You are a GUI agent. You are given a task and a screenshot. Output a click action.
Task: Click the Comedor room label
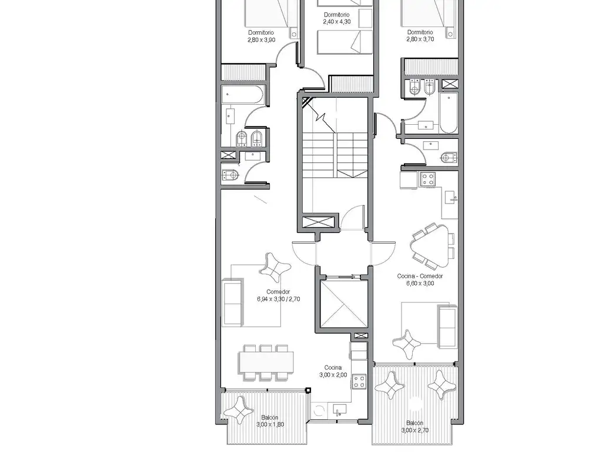278,292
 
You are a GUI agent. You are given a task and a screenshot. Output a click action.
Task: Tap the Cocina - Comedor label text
420,276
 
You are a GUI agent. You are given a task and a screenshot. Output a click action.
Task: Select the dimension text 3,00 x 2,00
333,375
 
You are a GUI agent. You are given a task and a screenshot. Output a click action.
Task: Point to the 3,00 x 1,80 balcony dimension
270,424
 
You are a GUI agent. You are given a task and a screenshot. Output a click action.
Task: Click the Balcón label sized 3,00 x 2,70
414,423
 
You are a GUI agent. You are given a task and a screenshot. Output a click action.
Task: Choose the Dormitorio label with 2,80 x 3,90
261,33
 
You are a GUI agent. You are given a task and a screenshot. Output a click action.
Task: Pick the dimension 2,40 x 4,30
337,22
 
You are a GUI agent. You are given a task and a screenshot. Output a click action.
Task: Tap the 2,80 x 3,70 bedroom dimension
420,39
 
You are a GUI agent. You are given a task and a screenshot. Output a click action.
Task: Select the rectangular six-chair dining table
266,362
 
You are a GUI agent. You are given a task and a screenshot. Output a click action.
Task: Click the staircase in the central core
335,155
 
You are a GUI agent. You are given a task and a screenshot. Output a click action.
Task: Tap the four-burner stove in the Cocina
359,382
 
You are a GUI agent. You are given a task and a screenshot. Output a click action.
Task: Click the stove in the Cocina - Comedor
427,179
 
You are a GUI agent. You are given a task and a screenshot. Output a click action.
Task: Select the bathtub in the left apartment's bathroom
243,95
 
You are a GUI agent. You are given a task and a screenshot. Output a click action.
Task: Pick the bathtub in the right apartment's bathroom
449,112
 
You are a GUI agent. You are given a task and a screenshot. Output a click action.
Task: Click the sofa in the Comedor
233,303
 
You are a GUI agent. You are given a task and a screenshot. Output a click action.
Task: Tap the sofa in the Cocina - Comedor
447,327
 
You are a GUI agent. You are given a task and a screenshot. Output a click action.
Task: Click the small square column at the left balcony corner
308,391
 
